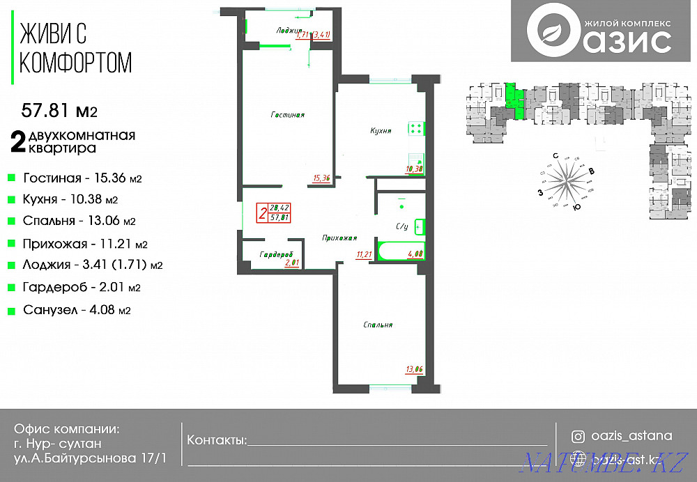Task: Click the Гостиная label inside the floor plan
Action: (288, 115)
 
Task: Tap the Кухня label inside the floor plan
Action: (381, 130)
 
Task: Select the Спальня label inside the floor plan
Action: (378, 325)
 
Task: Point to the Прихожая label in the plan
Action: (339, 238)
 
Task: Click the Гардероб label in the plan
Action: (275, 254)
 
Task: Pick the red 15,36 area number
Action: (321, 178)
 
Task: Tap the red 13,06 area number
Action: (414, 369)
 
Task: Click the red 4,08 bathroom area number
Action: (415, 254)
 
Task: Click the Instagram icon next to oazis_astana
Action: (578, 437)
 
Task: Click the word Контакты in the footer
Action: (217, 440)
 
